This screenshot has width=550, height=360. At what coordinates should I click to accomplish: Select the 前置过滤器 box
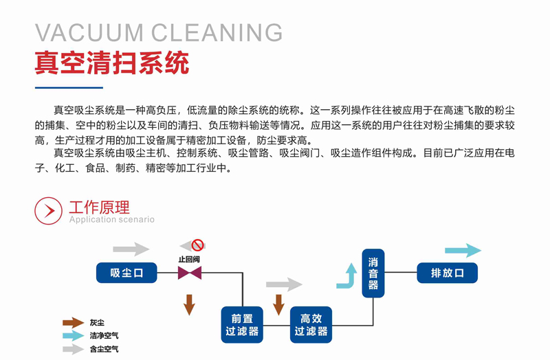pyautogui.click(x=241, y=324)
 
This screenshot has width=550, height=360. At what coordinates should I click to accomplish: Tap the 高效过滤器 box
pyautogui.click(x=311, y=324)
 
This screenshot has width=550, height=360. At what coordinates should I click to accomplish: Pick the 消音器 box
pyautogui.click(x=373, y=273)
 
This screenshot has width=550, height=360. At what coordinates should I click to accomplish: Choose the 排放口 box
pyautogui.click(x=447, y=273)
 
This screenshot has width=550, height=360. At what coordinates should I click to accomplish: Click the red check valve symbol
pyautogui.click(x=189, y=273)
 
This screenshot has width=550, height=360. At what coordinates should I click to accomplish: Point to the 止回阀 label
pyautogui.click(x=189, y=259)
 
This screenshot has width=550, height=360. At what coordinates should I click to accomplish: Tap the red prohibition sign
pyautogui.click(x=198, y=245)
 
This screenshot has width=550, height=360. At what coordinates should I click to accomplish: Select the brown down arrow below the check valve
pyautogui.click(x=189, y=303)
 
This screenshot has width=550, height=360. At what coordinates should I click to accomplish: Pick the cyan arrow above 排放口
pyautogui.click(x=463, y=251)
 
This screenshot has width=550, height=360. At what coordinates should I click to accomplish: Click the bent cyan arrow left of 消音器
pyautogui.click(x=347, y=277)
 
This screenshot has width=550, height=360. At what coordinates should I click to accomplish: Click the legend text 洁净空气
pyautogui.click(x=103, y=336)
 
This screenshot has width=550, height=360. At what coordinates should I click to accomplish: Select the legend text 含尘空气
pyautogui.click(x=103, y=349)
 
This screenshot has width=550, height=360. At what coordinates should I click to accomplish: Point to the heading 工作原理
pyautogui.click(x=99, y=206)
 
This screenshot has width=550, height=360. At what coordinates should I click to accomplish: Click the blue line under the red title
pyautogui.click(x=69, y=88)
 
